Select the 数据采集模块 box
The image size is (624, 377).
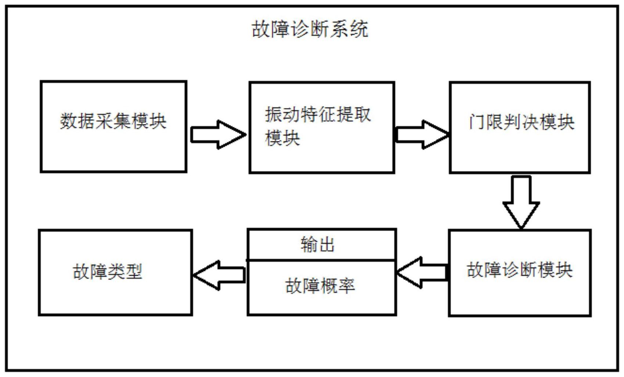coord(113,127)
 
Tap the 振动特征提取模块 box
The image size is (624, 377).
coord(322,127)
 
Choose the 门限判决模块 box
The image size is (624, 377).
coord(520,127)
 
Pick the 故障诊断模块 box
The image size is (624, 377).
coord(520,272)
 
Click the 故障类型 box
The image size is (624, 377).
coord(115,272)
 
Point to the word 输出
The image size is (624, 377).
coord(318,245)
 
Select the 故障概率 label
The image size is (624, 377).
coord(320,286)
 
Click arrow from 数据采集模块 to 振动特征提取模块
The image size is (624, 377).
coord(218,134)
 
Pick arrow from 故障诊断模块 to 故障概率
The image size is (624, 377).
coord(422,272)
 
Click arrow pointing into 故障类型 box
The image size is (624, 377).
coord(219,275)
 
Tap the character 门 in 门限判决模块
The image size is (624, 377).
coord(476,122)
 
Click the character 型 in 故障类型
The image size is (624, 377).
coord(134,272)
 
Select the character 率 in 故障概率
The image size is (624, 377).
coord(346,286)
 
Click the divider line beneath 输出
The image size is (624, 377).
coord(322,260)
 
